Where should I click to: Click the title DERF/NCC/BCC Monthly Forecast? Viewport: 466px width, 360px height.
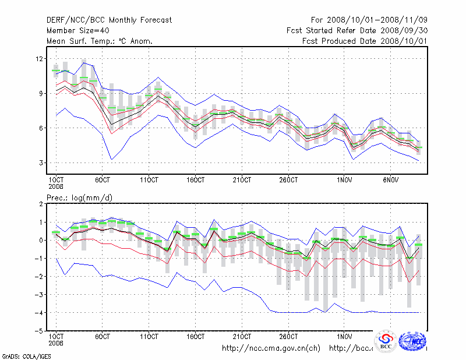click(x=109, y=20)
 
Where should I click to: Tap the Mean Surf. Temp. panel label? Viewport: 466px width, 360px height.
click(x=100, y=41)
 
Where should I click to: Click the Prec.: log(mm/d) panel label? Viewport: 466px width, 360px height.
click(x=80, y=198)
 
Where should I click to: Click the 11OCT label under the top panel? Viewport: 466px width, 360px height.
click(x=150, y=179)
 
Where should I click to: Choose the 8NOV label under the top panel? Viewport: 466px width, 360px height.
click(x=391, y=179)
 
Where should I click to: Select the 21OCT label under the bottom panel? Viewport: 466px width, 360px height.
click(x=242, y=336)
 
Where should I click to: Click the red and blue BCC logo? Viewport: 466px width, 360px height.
click(x=385, y=341)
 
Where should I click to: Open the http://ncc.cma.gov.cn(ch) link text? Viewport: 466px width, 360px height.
click(x=271, y=348)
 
